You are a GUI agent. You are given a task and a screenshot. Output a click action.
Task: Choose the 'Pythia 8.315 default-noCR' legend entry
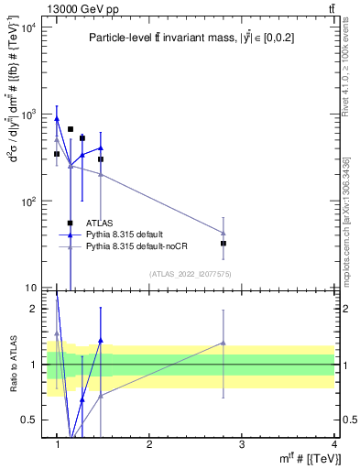136,246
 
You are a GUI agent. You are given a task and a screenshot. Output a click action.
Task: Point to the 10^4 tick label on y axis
27,27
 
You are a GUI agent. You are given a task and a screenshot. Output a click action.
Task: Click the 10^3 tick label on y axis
27,115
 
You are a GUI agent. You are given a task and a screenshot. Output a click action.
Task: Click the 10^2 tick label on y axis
27,201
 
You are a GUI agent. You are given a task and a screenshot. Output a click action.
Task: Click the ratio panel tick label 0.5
29,420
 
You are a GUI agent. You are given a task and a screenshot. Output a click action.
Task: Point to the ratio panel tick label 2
33,309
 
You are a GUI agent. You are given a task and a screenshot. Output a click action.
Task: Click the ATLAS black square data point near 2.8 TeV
224,244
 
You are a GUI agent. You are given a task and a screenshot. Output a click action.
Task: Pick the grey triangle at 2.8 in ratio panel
224,343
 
